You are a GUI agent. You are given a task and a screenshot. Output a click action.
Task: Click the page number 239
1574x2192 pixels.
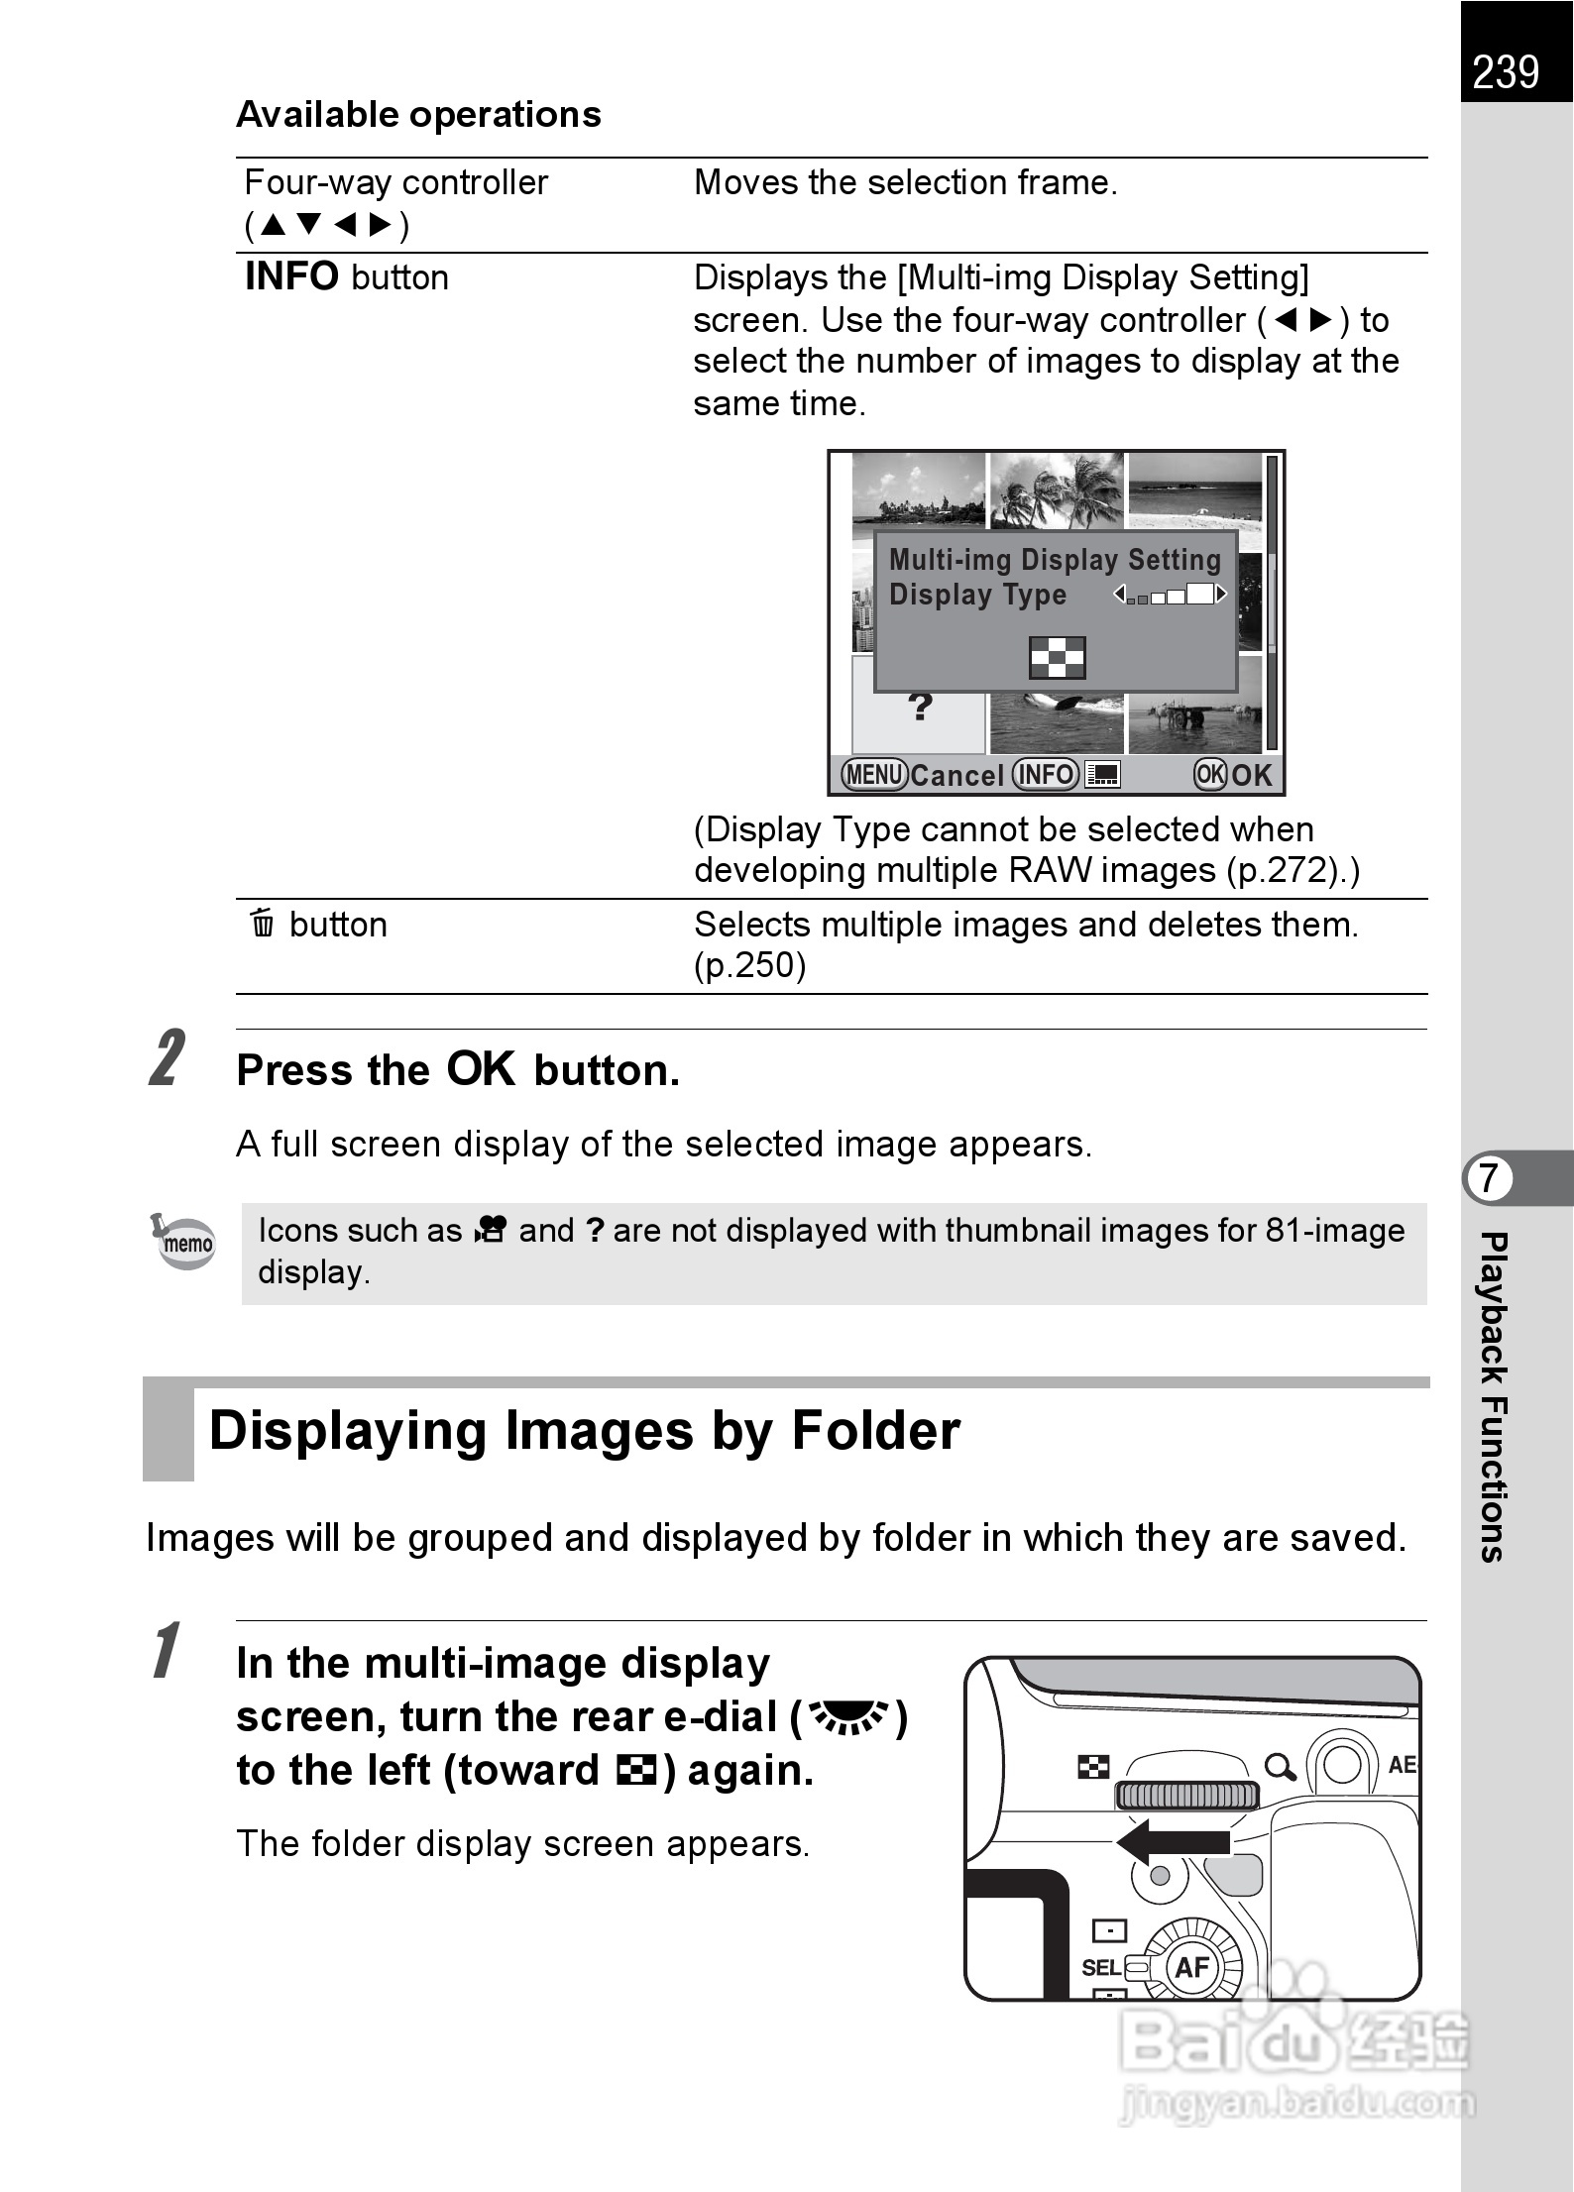1506,72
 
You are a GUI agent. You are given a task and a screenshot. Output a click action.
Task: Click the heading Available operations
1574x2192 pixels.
418,115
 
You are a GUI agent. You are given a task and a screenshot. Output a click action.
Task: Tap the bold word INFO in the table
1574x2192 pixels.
291,276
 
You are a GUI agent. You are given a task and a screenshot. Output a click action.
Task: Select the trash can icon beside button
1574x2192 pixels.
263,924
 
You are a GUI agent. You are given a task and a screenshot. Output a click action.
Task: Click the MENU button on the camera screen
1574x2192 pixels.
874,774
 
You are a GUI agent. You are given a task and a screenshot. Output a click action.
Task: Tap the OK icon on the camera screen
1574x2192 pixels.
1210,774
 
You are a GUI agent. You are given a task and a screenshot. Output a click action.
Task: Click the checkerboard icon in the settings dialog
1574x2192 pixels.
1058,658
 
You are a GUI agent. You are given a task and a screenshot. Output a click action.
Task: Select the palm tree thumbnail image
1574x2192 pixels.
1057,490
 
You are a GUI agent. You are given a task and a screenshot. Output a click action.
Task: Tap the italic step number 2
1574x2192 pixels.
168,1058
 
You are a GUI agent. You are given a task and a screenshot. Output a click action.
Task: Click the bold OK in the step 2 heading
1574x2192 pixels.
481,1069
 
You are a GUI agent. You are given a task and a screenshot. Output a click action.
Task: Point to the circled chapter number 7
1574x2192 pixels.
1489,1179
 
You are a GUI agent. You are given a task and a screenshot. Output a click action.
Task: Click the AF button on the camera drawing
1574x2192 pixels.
1191,1967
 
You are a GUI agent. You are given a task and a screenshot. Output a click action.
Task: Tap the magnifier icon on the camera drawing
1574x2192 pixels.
1280,1766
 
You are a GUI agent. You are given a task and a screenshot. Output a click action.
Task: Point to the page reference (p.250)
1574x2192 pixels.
750,965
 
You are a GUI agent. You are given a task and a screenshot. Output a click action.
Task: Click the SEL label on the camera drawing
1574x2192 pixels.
1100,1967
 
